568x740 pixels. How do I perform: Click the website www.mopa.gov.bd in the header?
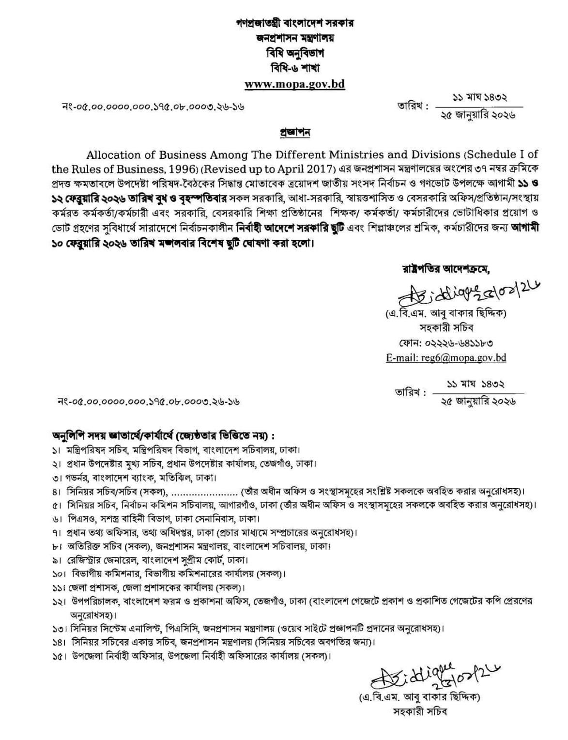click(x=294, y=84)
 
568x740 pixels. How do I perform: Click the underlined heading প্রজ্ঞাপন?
click(x=294, y=132)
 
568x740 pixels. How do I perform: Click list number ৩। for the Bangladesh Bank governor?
click(x=58, y=478)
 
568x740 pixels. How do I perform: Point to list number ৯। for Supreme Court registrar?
click(x=58, y=560)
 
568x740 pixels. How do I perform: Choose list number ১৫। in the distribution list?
click(x=60, y=656)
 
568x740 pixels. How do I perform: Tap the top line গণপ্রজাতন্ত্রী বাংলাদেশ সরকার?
click(x=295, y=23)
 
